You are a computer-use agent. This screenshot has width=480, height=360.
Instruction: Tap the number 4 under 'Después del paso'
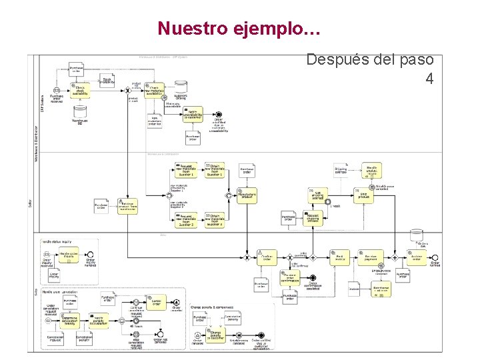point(429,79)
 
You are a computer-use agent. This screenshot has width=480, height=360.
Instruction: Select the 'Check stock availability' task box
point(79,91)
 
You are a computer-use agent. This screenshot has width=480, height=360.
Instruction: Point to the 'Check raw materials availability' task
point(154,91)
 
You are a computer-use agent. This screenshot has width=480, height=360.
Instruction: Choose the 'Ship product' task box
point(363,195)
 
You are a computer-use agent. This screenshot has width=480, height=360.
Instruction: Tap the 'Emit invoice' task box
point(340,257)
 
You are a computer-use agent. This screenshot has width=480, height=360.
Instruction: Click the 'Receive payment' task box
point(370,257)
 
